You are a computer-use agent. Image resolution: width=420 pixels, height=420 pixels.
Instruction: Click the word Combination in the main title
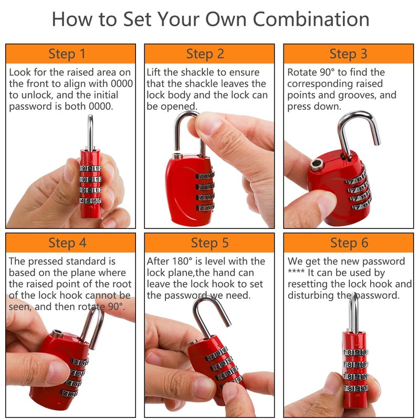pyautogui.click(x=311, y=19)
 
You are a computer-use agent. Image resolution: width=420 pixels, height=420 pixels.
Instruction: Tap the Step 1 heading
pyautogui.click(x=67, y=54)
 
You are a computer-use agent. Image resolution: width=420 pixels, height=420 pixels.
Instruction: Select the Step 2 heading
pyautogui.click(x=205, y=54)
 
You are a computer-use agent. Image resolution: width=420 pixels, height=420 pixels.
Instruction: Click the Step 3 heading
pyautogui.click(x=348, y=54)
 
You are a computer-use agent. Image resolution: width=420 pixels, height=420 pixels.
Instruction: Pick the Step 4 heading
pyautogui.click(x=68, y=243)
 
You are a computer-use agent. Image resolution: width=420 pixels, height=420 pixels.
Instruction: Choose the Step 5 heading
pyautogui.click(x=209, y=243)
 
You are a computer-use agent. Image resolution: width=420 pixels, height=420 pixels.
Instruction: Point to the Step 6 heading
pyautogui.click(x=349, y=243)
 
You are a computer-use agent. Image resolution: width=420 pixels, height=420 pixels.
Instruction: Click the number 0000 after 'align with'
pyautogui.click(x=122, y=84)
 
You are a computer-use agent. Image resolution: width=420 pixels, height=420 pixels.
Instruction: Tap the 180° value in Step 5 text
pyautogui.click(x=182, y=261)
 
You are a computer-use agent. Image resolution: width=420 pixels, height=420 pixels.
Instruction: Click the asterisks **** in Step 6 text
pyautogui.click(x=296, y=271)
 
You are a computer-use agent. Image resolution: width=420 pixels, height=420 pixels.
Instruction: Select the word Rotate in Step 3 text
pyautogui.click(x=302, y=72)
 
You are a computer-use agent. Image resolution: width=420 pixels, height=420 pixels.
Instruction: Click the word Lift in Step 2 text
pyautogui.click(x=153, y=72)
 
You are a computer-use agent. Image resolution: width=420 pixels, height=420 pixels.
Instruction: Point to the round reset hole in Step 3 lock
pyautogui.click(x=318, y=164)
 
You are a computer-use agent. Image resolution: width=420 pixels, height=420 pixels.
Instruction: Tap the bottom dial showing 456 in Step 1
pyautogui.click(x=90, y=201)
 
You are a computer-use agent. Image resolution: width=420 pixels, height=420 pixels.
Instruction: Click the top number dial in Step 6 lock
pyautogui.click(x=356, y=352)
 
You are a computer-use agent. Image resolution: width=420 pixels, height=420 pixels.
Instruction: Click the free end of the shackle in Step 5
pyautogui.click(x=228, y=324)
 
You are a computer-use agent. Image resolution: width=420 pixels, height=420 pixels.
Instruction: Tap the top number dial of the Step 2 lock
pyautogui.click(x=205, y=176)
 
